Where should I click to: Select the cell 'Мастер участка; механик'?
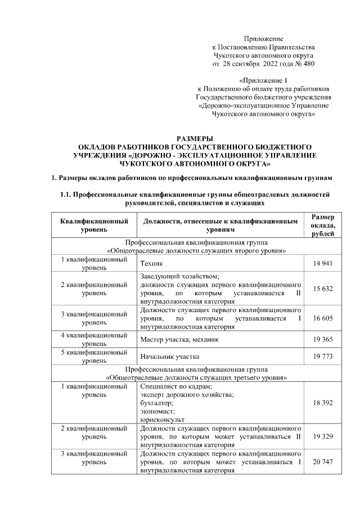179,340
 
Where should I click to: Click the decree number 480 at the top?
308,64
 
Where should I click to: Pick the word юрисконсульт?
163,419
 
